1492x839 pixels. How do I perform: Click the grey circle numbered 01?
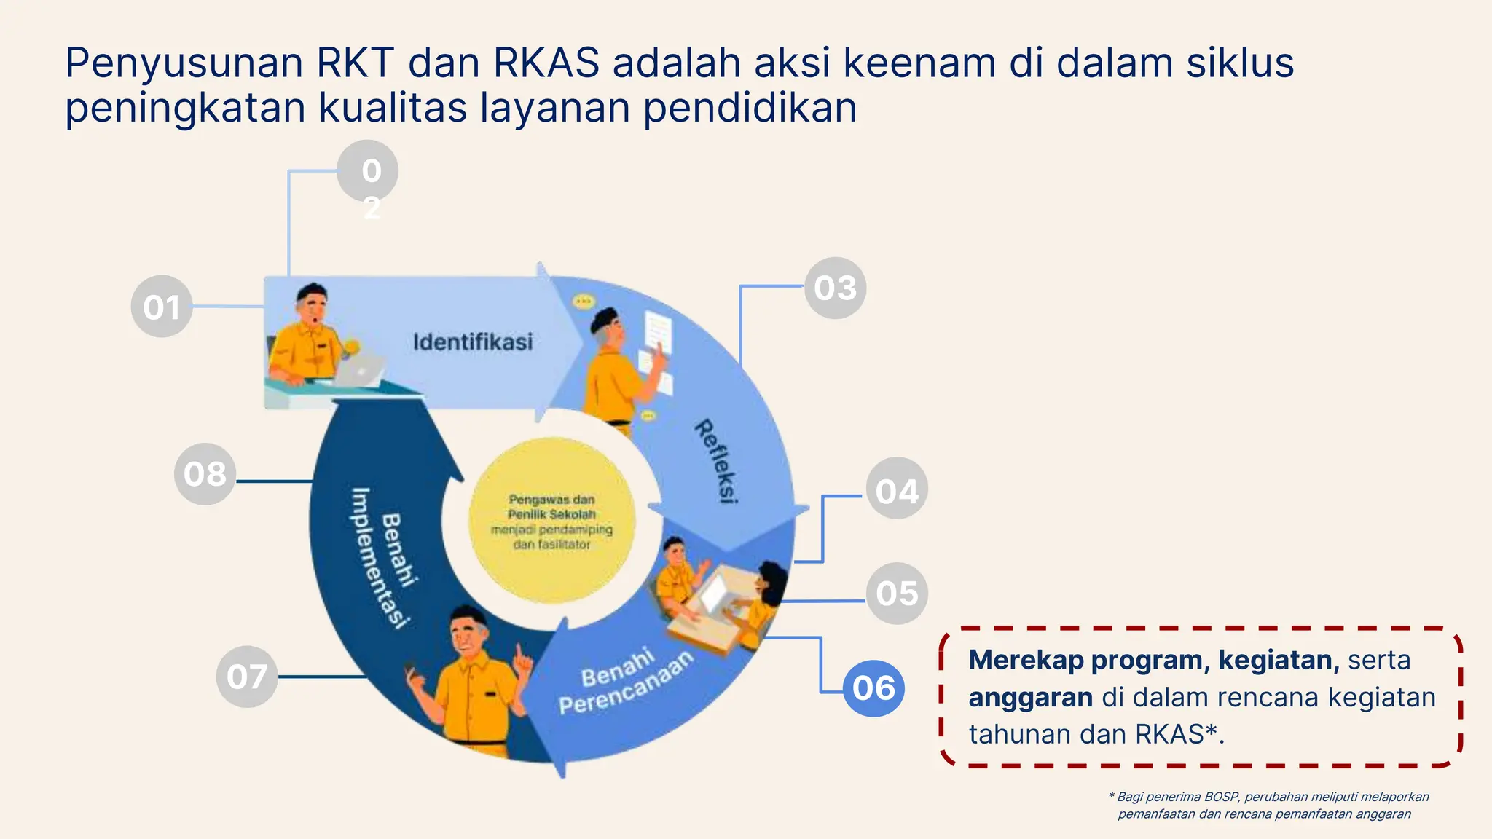162,307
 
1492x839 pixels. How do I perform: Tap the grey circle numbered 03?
835,288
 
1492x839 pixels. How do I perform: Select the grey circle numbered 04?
896,489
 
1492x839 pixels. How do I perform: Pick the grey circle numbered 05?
896,594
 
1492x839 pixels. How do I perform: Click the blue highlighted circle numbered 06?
873,688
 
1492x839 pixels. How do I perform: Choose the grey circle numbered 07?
247,677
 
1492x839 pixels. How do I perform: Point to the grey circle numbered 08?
205,474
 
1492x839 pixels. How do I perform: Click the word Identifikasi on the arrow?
473,342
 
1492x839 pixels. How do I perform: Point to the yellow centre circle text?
551,521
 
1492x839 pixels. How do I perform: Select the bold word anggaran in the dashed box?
1030,698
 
